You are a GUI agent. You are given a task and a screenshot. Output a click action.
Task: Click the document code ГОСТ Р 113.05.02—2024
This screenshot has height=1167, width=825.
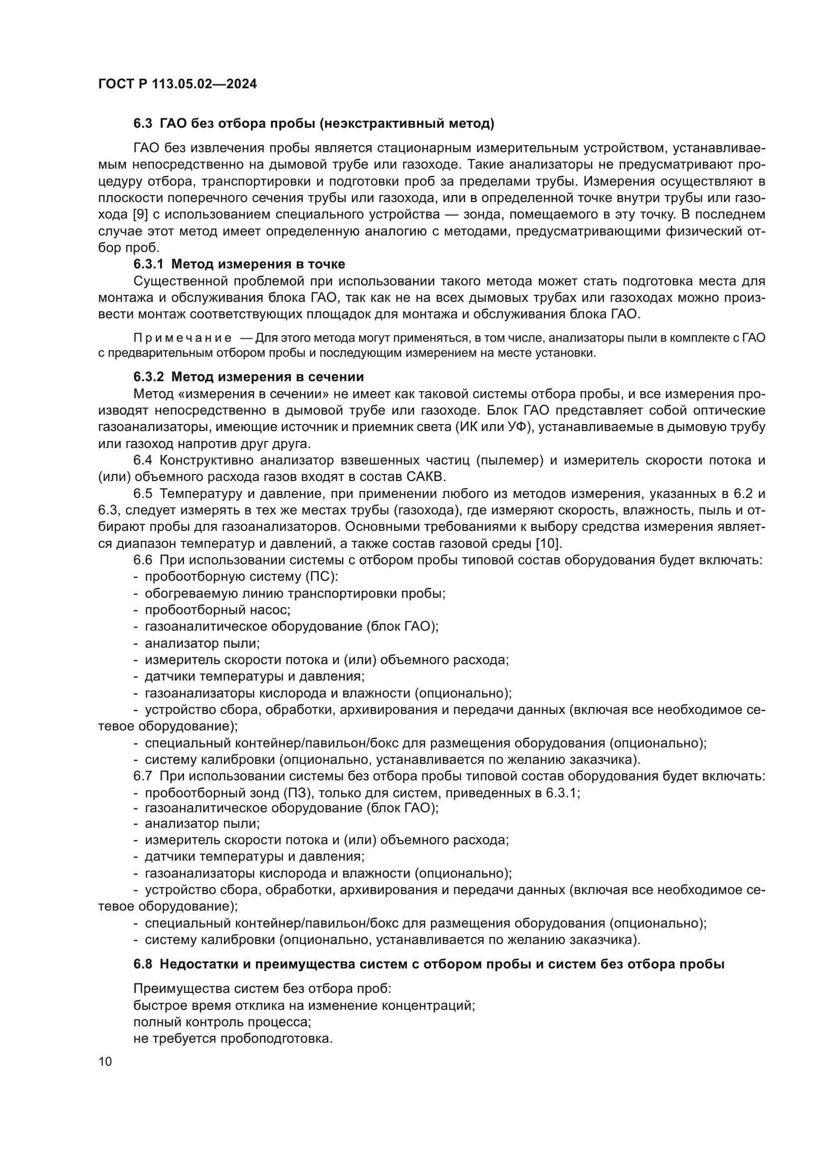tap(177, 84)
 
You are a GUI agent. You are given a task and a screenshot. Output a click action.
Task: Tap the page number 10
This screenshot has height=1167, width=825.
tap(105, 1061)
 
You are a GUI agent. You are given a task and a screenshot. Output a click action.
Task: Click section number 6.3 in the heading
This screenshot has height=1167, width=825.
tap(143, 124)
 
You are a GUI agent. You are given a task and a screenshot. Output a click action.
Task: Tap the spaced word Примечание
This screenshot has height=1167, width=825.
tap(183, 338)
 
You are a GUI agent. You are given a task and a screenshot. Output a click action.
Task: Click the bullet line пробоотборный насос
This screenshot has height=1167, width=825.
tap(217, 610)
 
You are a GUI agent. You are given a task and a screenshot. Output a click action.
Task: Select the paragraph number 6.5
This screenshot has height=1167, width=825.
tap(143, 493)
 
